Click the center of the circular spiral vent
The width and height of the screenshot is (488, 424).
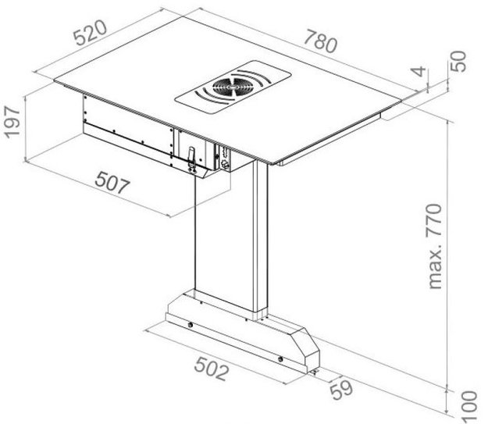(232, 85)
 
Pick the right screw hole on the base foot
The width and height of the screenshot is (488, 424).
(282, 358)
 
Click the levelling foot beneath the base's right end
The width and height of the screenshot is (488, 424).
(315, 372)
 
